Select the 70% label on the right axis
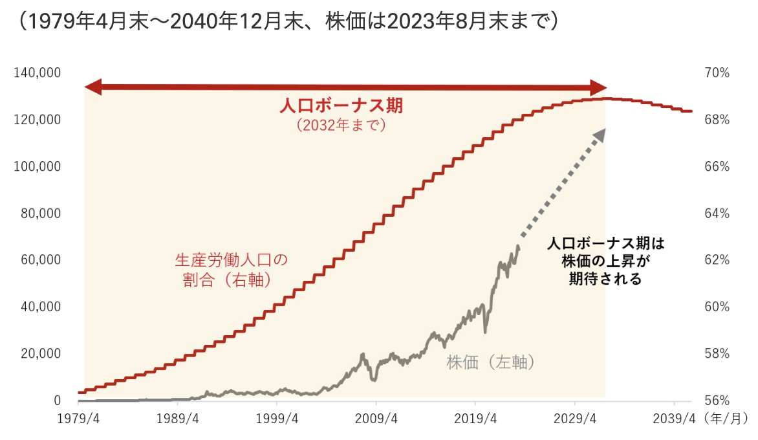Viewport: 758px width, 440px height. (717, 73)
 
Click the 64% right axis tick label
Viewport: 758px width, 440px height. (717, 214)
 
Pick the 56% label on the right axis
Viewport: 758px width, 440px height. (717, 401)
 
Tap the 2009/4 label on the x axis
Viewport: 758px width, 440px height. (376, 419)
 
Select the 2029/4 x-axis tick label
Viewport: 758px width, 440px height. (575, 419)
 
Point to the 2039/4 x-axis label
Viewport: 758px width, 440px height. (674, 419)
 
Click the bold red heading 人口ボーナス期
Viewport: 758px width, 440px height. (345, 105)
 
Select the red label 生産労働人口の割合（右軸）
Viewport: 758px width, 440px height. (230, 270)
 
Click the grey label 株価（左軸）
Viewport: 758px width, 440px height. (492, 363)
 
